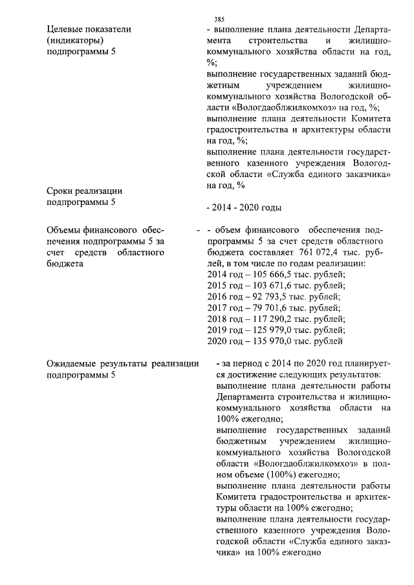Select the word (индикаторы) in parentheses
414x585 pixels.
[76, 41]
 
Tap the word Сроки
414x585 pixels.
[63, 191]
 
